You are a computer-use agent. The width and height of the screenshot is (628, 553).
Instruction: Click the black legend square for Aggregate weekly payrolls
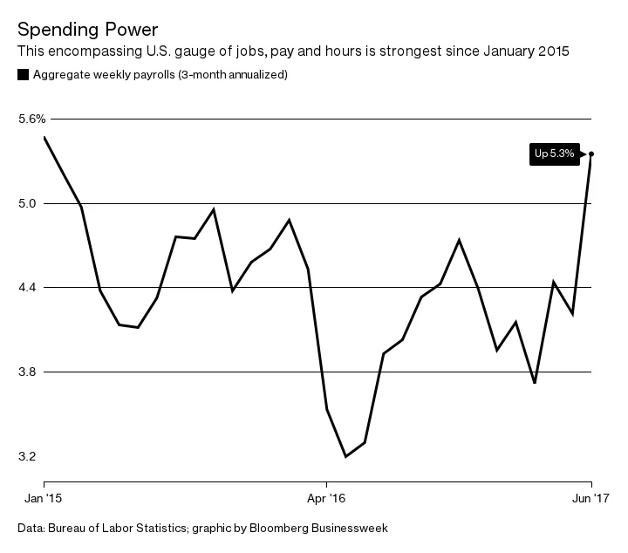tap(23, 75)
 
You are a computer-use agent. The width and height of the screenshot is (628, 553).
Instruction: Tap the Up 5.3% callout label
tap(554, 154)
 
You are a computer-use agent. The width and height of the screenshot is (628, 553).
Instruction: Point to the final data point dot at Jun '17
tap(591, 154)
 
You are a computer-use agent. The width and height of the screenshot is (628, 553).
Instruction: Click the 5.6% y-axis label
tap(31, 119)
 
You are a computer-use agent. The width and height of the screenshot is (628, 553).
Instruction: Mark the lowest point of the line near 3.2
tap(345, 456)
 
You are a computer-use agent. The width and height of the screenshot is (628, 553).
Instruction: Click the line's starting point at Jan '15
tap(44, 137)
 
